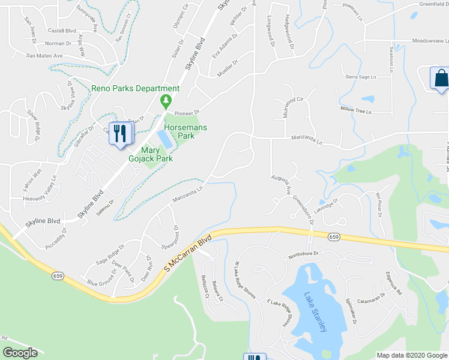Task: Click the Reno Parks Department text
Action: click(x=135, y=88)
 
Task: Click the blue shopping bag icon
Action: click(x=440, y=79)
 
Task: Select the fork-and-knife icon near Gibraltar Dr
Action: click(x=119, y=134)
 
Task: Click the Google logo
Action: click(x=20, y=353)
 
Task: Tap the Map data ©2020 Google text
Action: click(x=411, y=355)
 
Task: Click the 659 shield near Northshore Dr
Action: click(x=334, y=238)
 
